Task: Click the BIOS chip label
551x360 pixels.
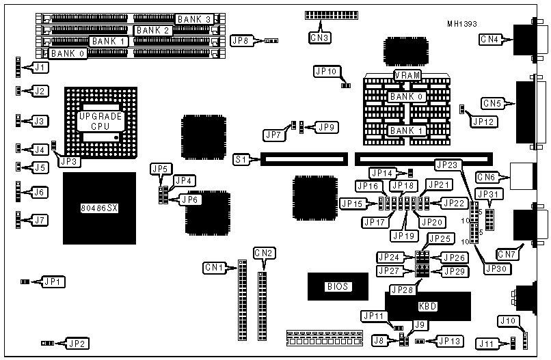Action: [x=338, y=288]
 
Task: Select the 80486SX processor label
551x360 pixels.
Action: [x=98, y=208]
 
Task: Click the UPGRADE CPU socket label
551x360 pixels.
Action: [x=100, y=121]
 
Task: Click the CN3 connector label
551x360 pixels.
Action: [x=319, y=38]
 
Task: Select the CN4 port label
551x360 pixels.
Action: [x=490, y=40]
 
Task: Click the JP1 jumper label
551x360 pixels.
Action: [x=52, y=281]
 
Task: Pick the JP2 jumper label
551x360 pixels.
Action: [x=75, y=343]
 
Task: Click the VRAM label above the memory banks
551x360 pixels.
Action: [x=407, y=75]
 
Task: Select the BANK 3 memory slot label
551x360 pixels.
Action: [x=193, y=18]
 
